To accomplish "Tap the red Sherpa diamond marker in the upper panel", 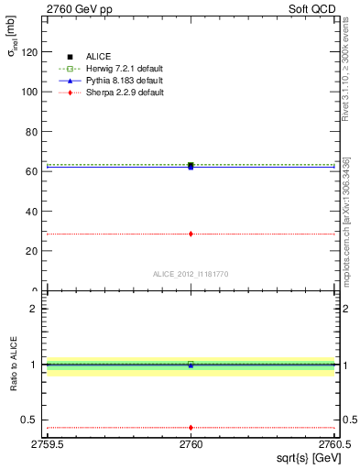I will coord(191,234).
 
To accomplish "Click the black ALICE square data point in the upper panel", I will coord(191,165).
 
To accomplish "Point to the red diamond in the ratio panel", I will coord(191,427).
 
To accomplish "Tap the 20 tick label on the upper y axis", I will coord(31,251).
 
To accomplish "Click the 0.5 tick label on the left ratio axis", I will coord(28,420).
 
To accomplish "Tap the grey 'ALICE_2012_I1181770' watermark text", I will coord(191,274).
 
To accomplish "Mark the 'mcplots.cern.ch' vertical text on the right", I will coord(346,229).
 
